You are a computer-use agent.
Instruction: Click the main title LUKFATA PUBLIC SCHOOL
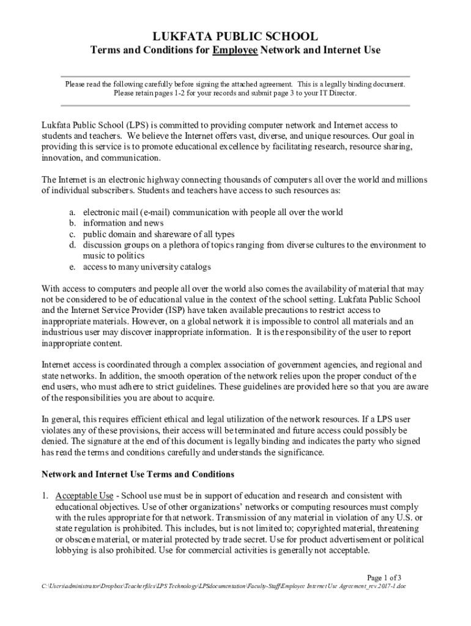(x=235, y=36)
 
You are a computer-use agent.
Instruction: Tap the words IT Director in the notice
(x=335, y=94)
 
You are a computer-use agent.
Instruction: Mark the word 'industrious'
(x=63, y=332)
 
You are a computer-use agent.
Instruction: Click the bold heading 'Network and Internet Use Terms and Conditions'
(x=138, y=474)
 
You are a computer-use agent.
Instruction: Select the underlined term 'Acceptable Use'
(x=84, y=495)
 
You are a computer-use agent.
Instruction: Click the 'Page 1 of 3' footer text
(x=384, y=577)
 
